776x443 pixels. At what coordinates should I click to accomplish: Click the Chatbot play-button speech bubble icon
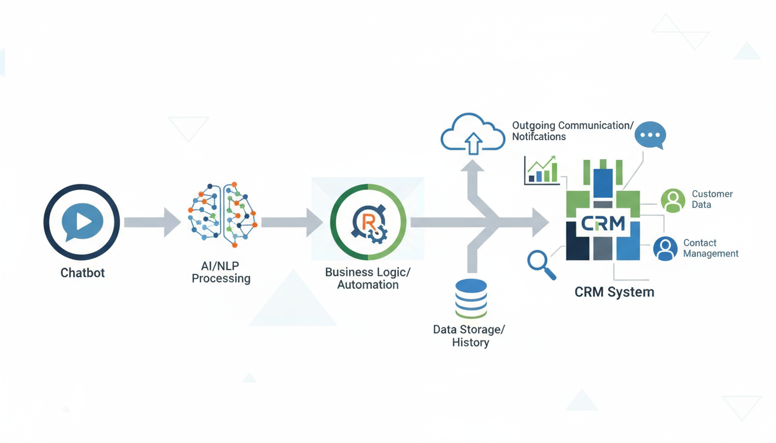click(x=81, y=222)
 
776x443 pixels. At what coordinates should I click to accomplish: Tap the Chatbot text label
click(x=83, y=273)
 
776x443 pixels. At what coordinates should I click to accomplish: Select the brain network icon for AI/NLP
click(x=222, y=215)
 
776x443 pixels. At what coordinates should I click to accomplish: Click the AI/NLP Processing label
click(x=221, y=272)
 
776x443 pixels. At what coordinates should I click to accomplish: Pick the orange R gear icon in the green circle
click(x=368, y=222)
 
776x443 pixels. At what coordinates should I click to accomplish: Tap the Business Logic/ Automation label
click(x=368, y=278)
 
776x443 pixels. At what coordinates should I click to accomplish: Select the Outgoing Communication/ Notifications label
click(x=572, y=131)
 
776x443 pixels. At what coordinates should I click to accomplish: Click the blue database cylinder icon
click(x=471, y=298)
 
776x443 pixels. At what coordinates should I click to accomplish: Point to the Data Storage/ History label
click(x=469, y=336)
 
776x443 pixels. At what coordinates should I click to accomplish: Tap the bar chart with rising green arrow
click(x=542, y=170)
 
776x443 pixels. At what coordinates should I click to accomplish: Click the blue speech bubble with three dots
click(x=650, y=136)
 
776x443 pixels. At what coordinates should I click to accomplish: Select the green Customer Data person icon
click(x=673, y=200)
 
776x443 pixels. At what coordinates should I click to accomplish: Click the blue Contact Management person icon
click(x=665, y=249)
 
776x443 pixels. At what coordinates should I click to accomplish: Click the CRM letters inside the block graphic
click(x=603, y=223)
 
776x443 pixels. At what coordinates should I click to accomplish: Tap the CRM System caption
click(x=614, y=292)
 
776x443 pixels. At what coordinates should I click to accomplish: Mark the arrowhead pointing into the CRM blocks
click(x=539, y=222)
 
